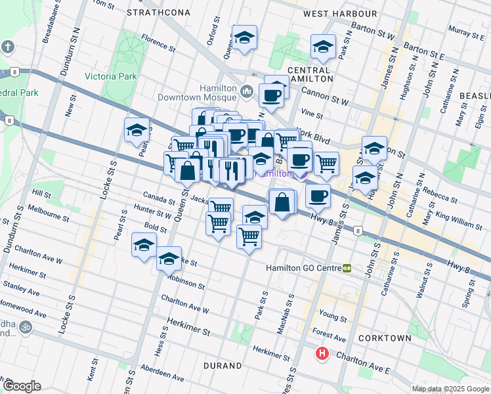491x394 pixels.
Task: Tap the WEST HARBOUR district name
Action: click(340, 13)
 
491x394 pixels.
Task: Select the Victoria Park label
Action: click(110, 76)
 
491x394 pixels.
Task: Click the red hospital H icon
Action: click(322, 354)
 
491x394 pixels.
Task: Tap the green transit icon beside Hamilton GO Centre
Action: click(347, 268)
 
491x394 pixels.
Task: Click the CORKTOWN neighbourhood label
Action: click(385, 338)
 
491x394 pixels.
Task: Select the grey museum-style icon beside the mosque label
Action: click(247, 91)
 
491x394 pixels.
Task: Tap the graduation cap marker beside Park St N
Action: click(323, 47)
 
